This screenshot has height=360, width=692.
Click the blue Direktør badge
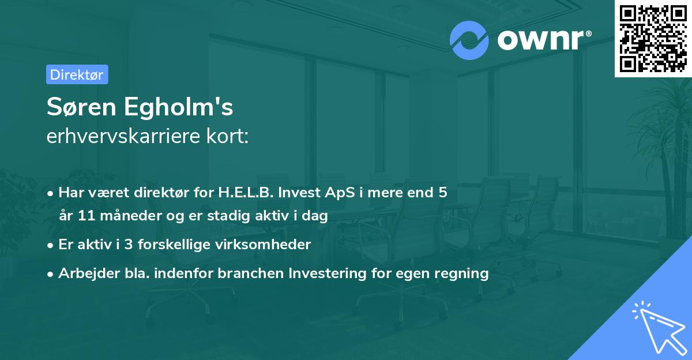tap(77, 74)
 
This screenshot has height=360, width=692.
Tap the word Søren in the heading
tap(81, 107)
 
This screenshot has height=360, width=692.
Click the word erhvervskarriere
tap(123, 136)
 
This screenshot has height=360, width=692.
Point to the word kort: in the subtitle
tap(227, 136)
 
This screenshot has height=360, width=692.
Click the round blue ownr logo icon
tap(469, 40)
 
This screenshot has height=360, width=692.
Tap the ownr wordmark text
tap(544, 40)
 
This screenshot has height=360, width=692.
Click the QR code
tap(653, 38)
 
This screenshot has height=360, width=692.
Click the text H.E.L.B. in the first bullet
tap(246, 192)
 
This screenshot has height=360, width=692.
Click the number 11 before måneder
tap(86, 215)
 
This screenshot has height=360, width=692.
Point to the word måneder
tap(131, 215)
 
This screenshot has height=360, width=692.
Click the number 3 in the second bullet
tap(129, 245)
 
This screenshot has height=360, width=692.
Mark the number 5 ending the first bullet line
tap(443, 192)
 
